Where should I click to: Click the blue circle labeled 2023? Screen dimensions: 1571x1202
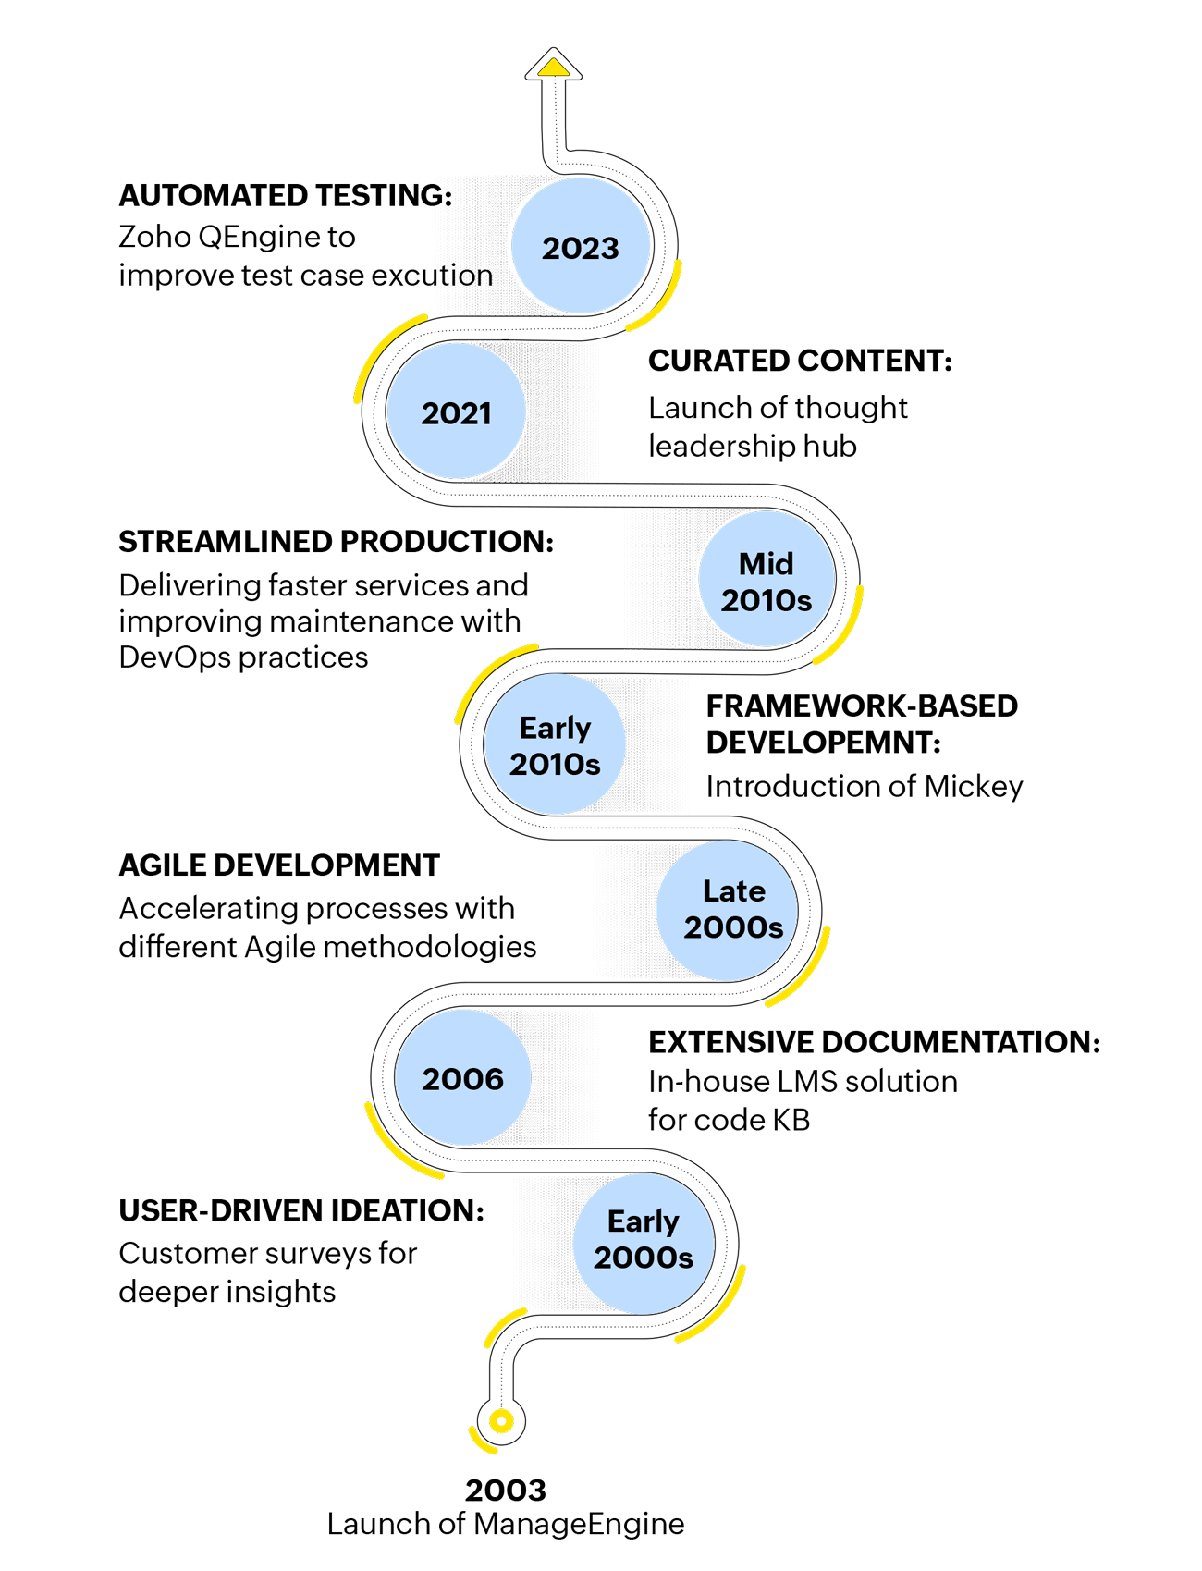581,246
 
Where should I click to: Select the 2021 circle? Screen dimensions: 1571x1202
457,411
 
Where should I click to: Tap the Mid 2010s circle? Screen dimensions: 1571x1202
767,580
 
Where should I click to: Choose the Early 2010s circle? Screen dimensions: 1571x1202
555,744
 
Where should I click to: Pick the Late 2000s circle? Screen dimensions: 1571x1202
727,911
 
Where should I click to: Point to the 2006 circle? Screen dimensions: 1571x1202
463,1077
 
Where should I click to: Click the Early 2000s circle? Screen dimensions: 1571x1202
644,1244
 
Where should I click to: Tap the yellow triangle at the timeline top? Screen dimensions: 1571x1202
553,68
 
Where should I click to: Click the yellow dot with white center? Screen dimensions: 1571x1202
501,1420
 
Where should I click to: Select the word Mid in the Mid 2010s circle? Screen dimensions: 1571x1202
767,563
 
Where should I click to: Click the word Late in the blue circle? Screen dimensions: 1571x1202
734,890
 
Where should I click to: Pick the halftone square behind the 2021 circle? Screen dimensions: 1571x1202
564,411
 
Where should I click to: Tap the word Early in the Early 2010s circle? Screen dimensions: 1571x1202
555,728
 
